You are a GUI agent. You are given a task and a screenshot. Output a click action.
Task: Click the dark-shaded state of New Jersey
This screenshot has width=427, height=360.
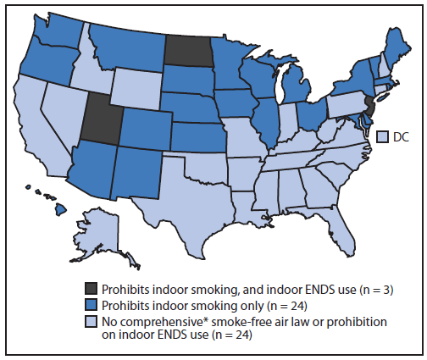pyautogui.click(x=370, y=105)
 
